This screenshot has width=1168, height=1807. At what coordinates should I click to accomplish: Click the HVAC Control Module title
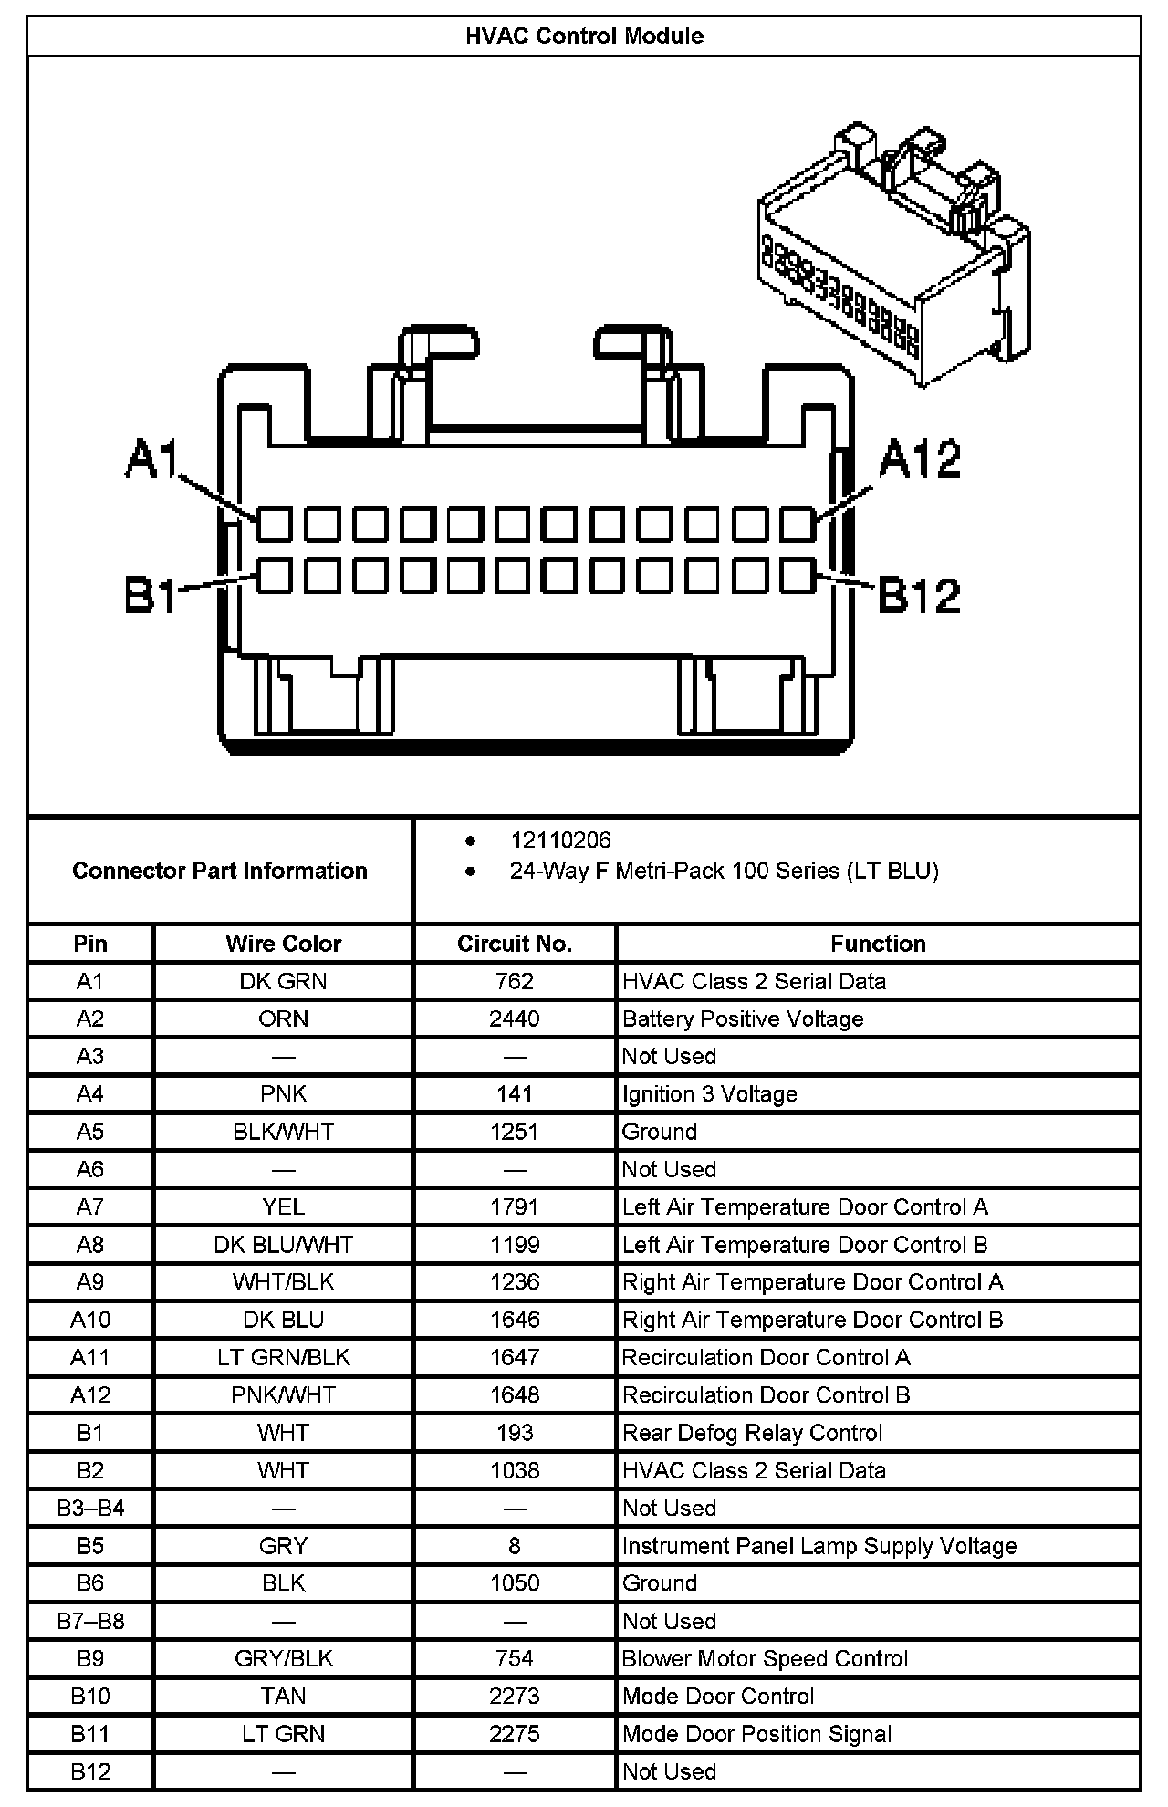pyautogui.click(x=584, y=37)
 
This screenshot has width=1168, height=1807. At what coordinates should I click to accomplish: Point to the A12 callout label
pyautogui.click(x=920, y=459)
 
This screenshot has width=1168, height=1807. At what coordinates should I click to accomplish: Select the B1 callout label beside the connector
pyautogui.click(x=151, y=595)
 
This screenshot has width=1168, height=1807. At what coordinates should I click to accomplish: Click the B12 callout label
pyautogui.click(x=919, y=595)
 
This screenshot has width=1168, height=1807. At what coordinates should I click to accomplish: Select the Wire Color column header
pyautogui.click(x=283, y=944)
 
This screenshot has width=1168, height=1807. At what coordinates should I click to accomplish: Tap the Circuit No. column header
pyautogui.click(x=515, y=944)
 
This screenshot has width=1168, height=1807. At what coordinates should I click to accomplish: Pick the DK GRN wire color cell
pyautogui.click(x=283, y=981)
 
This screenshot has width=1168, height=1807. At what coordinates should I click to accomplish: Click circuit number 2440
pyautogui.click(x=515, y=1018)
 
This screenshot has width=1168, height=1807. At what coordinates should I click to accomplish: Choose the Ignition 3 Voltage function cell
pyautogui.click(x=709, y=1094)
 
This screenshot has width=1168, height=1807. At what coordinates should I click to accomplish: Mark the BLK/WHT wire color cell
pyautogui.click(x=283, y=1132)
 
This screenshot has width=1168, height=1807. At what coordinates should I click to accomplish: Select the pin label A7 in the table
pyautogui.click(x=90, y=1206)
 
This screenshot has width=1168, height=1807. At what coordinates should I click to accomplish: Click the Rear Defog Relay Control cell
pyautogui.click(x=752, y=1433)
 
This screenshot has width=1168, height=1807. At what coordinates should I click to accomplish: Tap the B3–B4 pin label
pyautogui.click(x=90, y=1508)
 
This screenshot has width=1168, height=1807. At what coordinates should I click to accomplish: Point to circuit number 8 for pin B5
pyautogui.click(x=515, y=1546)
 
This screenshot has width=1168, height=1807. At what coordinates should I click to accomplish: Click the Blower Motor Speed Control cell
pyautogui.click(x=765, y=1658)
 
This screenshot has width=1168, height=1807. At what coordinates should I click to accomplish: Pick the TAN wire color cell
pyautogui.click(x=283, y=1696)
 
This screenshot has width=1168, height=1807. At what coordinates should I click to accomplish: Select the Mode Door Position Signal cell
pyautogui.click(x=756, y=1734)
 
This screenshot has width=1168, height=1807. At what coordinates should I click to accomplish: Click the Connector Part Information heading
pyautogui.click(x=220, y=871)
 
